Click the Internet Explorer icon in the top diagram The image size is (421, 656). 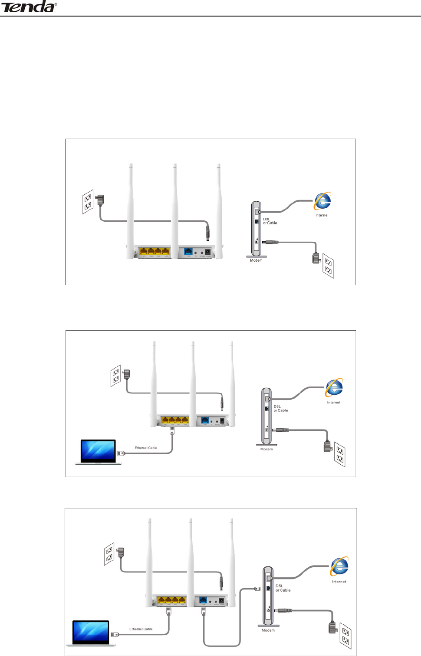point(322,201)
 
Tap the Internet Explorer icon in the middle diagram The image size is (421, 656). point(334,388)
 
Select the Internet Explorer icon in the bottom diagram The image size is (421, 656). point(339,567)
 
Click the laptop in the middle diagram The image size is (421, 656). point(99,452)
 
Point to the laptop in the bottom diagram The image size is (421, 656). point(91,633)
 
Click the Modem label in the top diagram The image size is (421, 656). point(256,260)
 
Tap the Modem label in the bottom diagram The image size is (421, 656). point(268,630)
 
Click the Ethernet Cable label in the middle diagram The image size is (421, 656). point(146,448)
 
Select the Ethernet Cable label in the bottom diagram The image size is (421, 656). point(141,629)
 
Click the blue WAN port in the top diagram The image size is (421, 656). point(188,252)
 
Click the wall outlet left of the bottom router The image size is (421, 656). point(109,554)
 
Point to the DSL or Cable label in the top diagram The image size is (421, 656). point(270,221)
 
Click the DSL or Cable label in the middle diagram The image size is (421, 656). point(280,409)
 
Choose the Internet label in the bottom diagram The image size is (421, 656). point(339,581)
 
